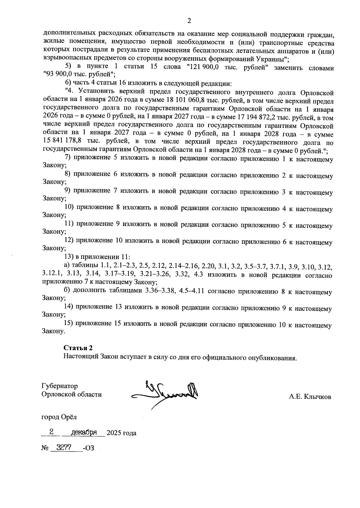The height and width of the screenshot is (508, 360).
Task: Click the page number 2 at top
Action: point(189,21)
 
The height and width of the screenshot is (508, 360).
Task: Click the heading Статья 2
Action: point(78,348)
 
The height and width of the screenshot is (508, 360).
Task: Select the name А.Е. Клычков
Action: point(310,397)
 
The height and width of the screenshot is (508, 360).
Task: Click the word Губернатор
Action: point(60,386)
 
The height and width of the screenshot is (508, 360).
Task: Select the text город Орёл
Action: point(59,417)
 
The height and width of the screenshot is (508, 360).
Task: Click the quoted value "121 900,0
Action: point(202,68)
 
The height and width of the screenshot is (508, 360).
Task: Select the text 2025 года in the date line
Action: point(121,433)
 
